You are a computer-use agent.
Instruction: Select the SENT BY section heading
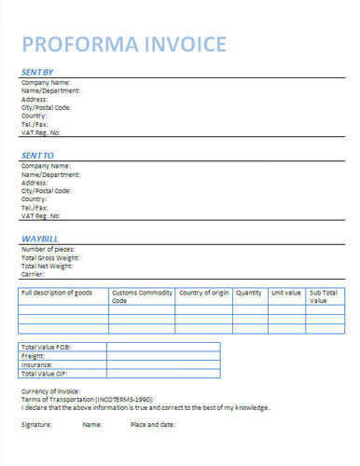pos(37,72)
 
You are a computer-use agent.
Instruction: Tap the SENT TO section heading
pos(37,155)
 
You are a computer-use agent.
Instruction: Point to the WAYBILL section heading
pos(40,239)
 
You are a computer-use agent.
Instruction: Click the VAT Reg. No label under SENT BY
pos(45,132)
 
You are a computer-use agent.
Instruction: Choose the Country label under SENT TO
pos(34,199)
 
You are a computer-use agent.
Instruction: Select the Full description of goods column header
pos(56,293)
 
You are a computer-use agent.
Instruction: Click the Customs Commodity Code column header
pos(141,296)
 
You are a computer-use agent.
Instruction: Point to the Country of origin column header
pos(203,293)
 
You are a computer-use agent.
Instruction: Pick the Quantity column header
pos(248,293)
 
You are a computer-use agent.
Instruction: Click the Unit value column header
pos(285,293)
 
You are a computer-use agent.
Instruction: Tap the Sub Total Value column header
pos(323,296)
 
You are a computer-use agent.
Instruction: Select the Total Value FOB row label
pos(45,347)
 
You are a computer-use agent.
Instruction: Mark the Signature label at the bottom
pos(36,424)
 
